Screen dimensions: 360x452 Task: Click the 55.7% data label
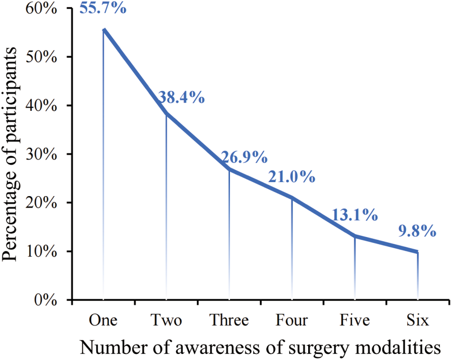(103, 8)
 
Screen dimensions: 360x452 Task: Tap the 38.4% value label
(181, 97)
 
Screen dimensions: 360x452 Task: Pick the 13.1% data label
(354, 216)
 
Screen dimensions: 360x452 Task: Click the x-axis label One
(103, 320)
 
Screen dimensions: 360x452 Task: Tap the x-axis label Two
(166, 320)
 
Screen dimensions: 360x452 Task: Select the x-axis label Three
(229, 320)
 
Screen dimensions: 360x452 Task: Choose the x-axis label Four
(292, 320)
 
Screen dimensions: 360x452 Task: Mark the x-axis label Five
(355, 320)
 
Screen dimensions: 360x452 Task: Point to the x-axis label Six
(418, 320)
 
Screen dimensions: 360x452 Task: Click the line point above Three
(229, 169)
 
